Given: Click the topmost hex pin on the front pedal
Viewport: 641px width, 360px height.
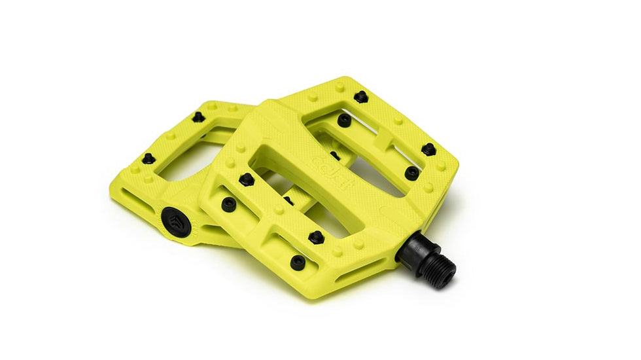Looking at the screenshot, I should coord(360,97).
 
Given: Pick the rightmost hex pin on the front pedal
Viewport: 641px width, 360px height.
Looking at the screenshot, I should coord(428,149).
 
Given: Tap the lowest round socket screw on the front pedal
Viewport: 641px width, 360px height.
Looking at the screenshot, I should coord(298,262).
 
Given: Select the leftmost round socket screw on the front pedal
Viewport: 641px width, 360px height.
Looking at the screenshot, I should coord(229,204).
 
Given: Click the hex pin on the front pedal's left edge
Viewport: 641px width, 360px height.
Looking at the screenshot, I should coord(246,179).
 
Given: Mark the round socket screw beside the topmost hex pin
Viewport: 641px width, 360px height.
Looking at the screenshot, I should coord(344,120).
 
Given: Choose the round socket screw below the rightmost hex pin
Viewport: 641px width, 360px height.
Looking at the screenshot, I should coord(411,173).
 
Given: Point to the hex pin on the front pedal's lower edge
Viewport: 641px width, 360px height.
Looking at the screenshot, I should coord(316,237).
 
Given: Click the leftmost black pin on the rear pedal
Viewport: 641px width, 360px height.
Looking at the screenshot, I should coord(148,158).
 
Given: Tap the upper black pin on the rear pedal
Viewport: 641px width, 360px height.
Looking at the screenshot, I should coord(198,117).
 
